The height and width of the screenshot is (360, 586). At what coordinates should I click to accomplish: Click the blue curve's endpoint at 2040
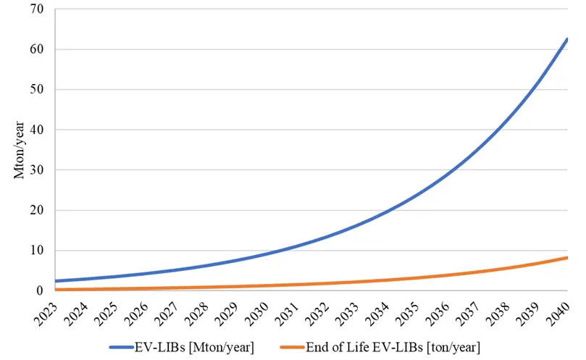point(567,38)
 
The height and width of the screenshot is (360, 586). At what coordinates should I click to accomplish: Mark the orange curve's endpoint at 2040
point(567,257)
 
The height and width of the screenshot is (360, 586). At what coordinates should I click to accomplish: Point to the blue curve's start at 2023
point(55,281)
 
